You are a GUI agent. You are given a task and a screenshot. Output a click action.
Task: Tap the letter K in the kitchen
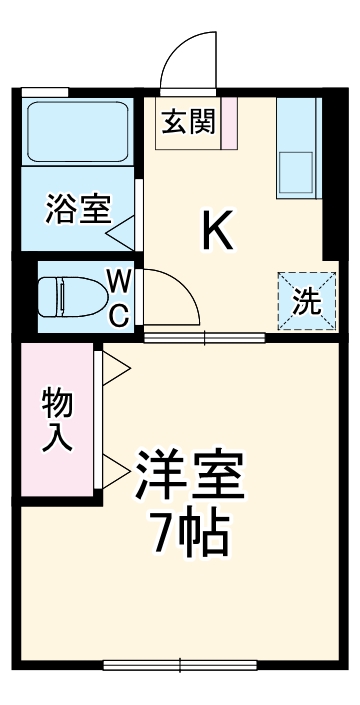pos(219,233)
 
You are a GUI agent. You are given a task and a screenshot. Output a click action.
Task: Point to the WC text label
pos(117,297)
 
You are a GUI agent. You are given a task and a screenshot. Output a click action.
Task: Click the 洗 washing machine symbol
pos(300,298)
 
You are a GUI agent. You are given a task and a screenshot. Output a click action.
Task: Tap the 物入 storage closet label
pos(56,421)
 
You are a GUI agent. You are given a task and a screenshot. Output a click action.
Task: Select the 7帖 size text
pos(189,537)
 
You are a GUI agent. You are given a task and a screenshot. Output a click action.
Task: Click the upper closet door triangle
pos(112,366)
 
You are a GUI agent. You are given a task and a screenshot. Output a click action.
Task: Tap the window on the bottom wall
pos(180,664)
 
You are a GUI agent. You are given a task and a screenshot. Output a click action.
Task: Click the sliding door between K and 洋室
pos(204,337)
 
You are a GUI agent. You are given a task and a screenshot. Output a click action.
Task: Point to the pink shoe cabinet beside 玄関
pos(228,121)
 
